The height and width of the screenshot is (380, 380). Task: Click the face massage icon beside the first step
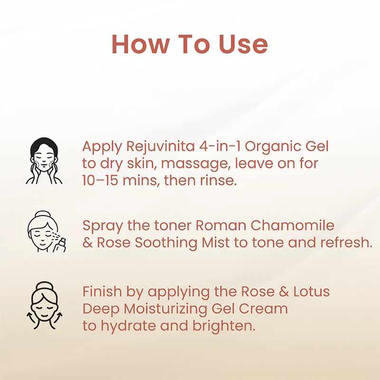tap(44, 161)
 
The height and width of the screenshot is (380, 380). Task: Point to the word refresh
tap(346, 242)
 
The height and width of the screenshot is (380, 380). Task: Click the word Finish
tap(101, 291)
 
